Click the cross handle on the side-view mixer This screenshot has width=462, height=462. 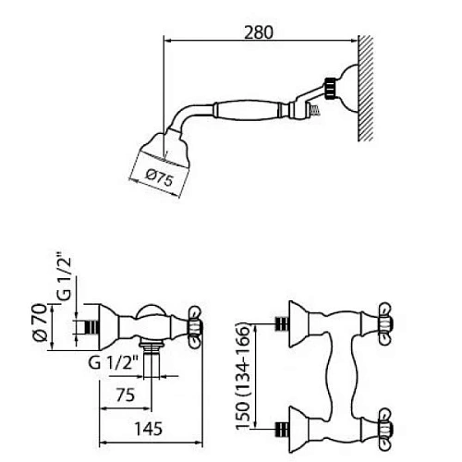tap(196, 325)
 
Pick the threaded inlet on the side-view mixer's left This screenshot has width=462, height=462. tap(88, 326)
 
